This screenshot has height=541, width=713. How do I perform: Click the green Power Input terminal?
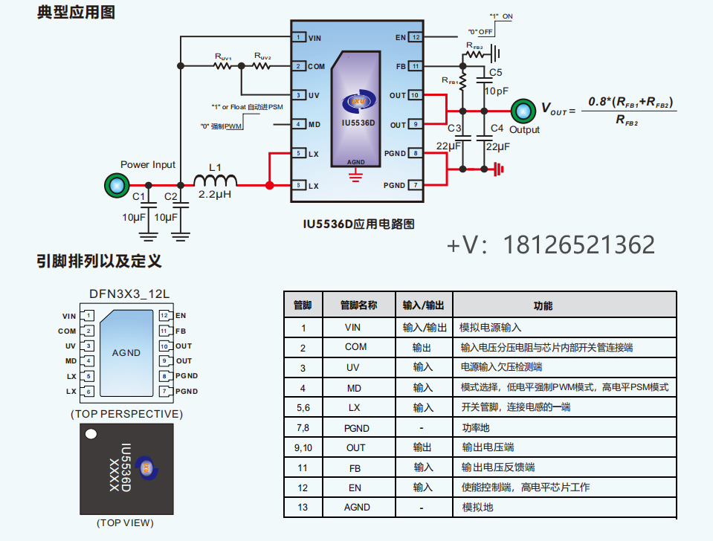[116, 185]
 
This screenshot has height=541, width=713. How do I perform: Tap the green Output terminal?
[523, 111]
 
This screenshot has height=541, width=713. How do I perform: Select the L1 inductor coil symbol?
[216, 181]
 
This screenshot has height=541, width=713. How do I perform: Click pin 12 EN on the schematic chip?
[416, 37]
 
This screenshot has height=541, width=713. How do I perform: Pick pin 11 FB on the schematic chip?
[416, 66]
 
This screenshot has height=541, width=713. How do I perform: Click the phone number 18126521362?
[579, 244]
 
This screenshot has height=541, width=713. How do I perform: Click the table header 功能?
[543, 305]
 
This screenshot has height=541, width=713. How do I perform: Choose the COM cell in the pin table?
[355, 347]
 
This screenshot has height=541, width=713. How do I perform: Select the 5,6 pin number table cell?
[303, 407]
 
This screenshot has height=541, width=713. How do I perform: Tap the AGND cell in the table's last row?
[356, 507]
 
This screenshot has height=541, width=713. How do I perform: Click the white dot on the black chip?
[91, 434]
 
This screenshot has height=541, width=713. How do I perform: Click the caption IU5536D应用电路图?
[358, 223]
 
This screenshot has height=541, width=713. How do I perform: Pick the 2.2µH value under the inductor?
[216, 194]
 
